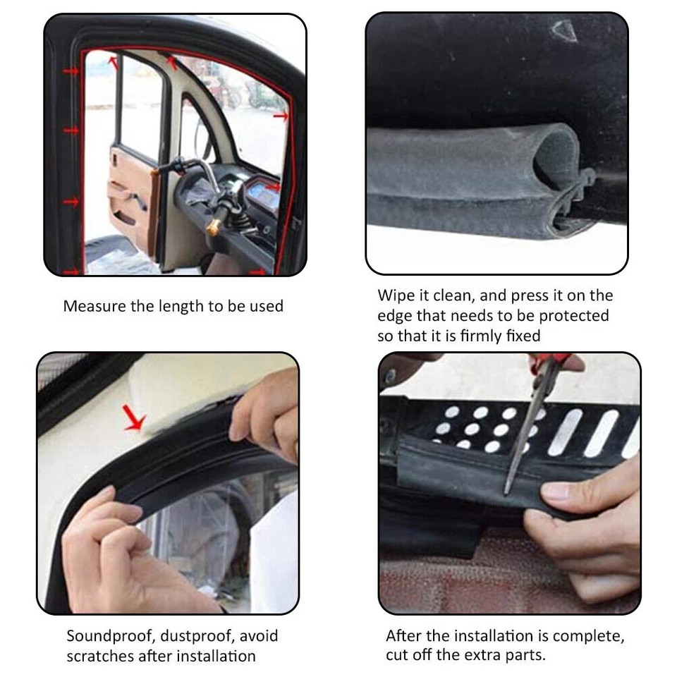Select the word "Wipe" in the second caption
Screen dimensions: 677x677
point(393,295)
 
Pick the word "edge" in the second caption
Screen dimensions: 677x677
point(393,315)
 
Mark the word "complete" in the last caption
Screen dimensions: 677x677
point(587,635)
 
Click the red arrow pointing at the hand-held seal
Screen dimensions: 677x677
point(133,420)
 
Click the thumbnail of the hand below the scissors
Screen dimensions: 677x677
point(555,492)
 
